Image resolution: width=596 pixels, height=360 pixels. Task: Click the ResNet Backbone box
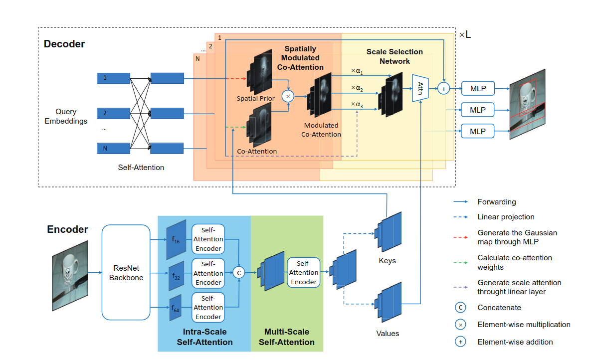126,272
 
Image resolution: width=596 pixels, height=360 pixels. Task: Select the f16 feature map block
177,239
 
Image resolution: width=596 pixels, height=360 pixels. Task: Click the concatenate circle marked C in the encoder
240,272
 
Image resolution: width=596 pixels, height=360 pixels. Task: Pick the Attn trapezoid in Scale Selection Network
420,88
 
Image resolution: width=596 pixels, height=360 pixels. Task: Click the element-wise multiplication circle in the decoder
288,96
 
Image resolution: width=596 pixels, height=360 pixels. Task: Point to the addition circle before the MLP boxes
443,89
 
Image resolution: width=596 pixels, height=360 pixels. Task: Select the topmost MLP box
478,89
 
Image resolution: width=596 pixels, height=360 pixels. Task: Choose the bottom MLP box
478,131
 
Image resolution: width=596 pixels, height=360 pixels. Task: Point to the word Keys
387,260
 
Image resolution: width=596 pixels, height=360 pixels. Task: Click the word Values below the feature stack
388,333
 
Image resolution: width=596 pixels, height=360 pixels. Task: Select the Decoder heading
64,44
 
